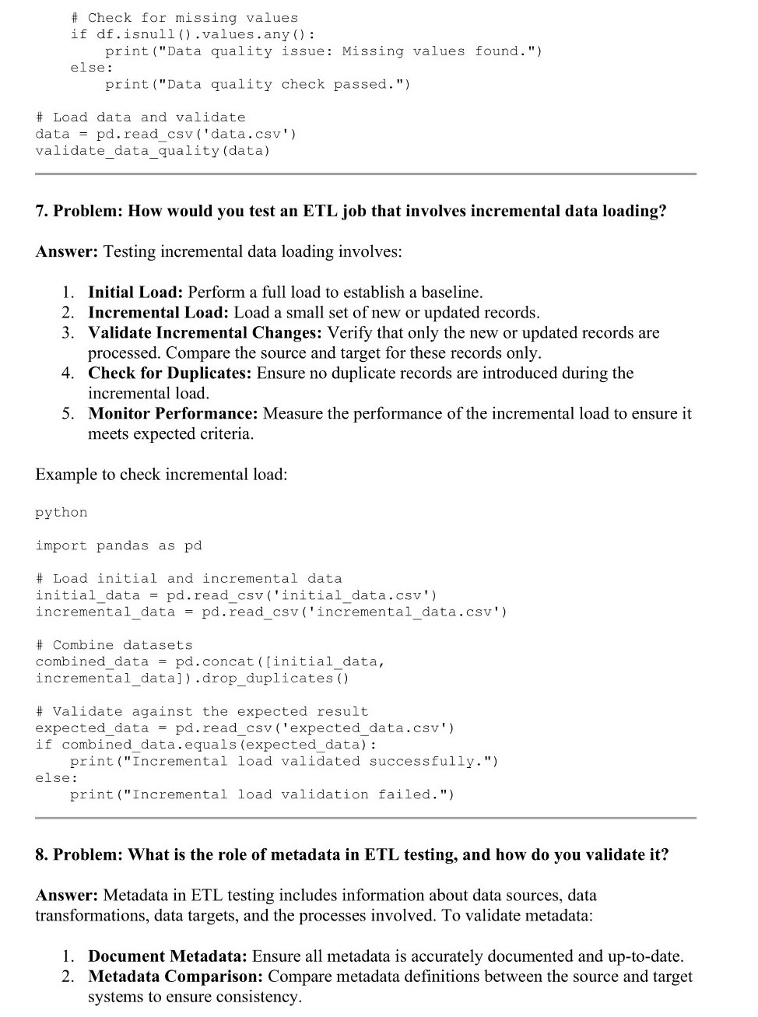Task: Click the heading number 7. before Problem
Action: tap(42, 212)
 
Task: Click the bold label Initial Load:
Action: tap(135, 293)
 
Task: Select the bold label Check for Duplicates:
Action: tap(170, 373)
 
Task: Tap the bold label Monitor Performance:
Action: tap(173, 414)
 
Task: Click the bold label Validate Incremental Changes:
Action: tap(205, 333)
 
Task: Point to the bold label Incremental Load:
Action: tap(158, 313)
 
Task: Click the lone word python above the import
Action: tap(61, 513)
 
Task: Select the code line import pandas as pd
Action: tap(118, 546)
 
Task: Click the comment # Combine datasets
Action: tap(114, 646)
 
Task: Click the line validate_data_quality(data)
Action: tap(153, 151)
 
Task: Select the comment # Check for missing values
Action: tap(184, 18)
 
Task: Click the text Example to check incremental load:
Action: tap(161, 475)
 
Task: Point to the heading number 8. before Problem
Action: tap(42, 855)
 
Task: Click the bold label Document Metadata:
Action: tap(167, 956)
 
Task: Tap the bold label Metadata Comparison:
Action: tap(175, 977)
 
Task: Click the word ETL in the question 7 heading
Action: tap(320, 212)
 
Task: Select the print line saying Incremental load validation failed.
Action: tap(262, 795)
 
